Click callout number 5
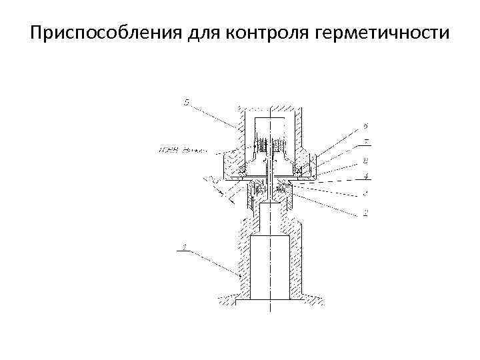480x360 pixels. (187, 102)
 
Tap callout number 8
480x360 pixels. (366, 161)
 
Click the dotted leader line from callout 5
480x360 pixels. (215, 116)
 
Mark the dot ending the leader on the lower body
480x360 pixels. (239, 274)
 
